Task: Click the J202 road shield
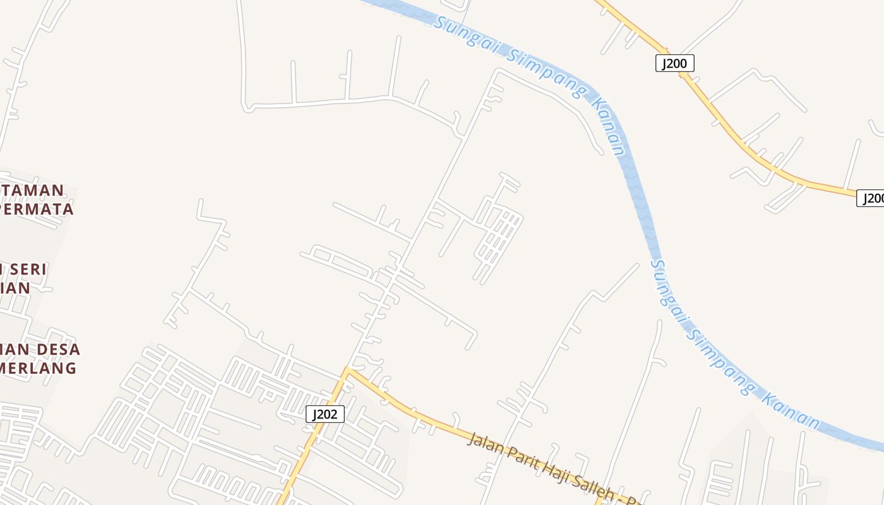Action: point(325,414)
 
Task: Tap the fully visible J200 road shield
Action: point(675,63)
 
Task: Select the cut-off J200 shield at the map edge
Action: point(871,198)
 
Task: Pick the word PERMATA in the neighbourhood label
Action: point(37,208)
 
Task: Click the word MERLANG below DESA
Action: point(39,367)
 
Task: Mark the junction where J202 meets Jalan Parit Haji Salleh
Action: point(346,369)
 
